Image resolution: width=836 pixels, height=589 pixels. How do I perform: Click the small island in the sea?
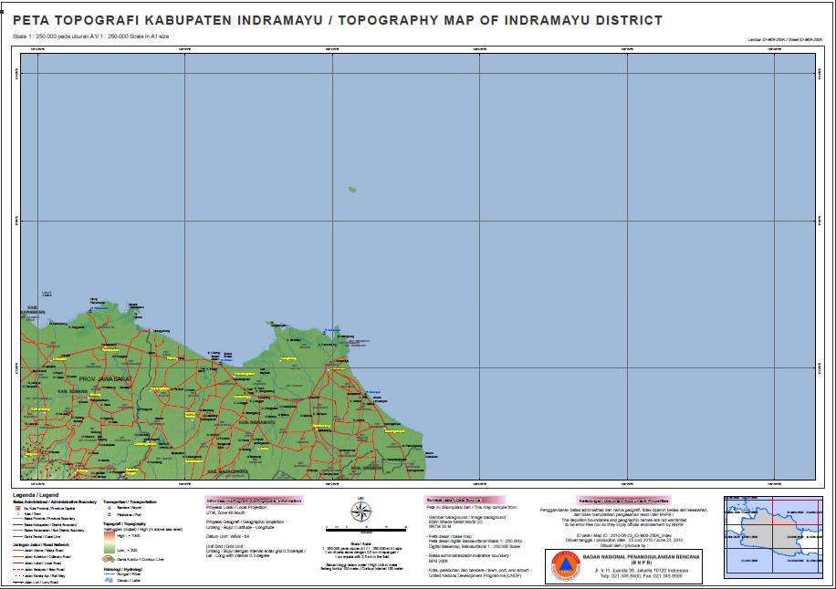click(x=351, y=190)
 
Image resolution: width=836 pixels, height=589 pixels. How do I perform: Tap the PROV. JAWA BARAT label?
click(x=101, y=377)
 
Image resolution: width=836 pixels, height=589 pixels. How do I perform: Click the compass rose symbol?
click(x=360, y=511)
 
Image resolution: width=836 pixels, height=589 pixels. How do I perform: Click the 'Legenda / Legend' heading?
click(x=35, y=492)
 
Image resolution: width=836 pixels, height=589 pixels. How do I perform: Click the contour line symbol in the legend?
click(x=110, y=559)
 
